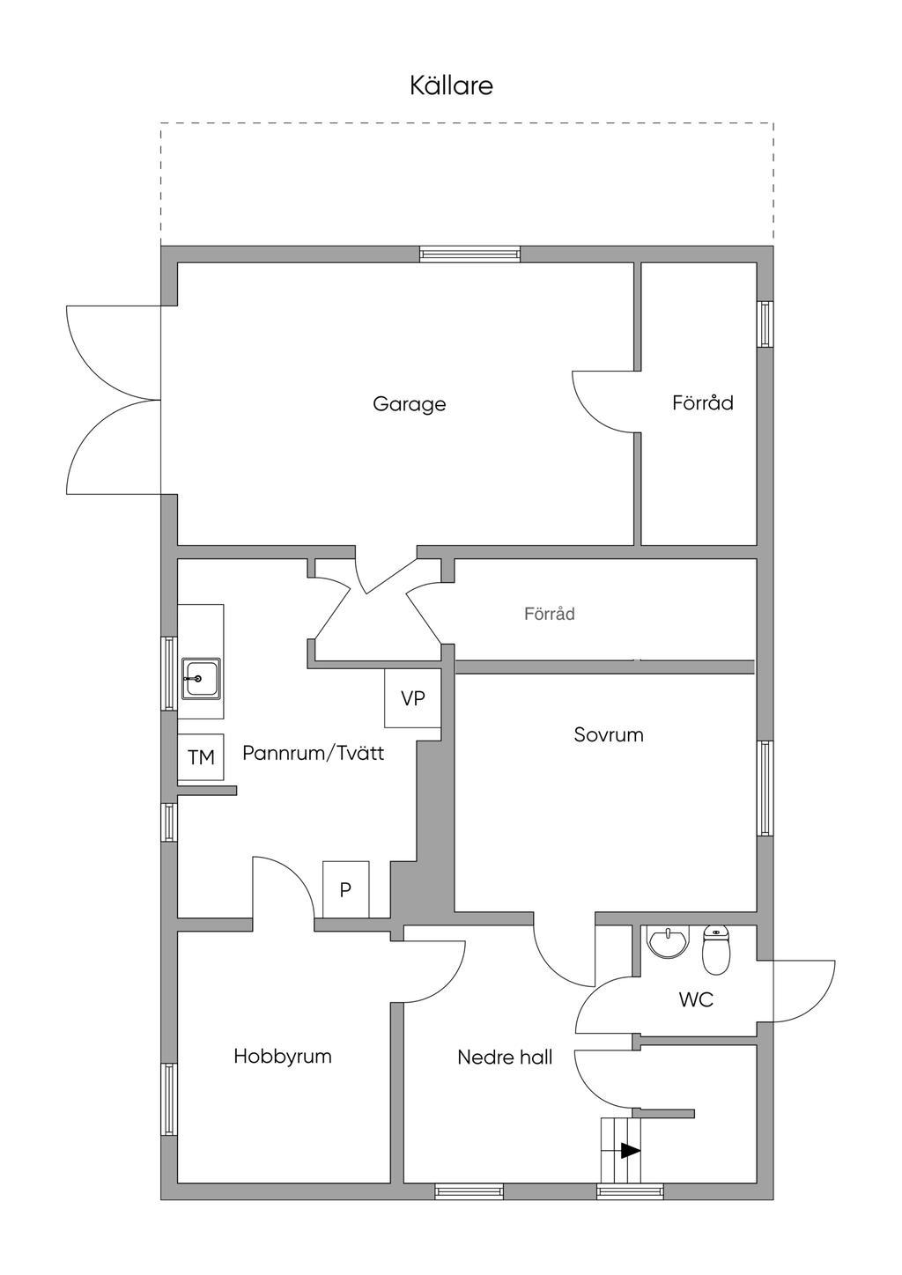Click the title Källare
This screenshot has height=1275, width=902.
451,86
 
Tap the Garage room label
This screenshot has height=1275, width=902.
409,405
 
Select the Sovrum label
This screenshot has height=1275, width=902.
609,735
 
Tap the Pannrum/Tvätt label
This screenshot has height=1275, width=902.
314,753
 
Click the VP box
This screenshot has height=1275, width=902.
413,698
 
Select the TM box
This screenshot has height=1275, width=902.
201,757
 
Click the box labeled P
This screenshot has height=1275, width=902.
345,889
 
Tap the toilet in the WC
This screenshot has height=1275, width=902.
716,949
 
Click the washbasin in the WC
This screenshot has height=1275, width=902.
668,941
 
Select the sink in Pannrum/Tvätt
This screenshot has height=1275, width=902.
201,679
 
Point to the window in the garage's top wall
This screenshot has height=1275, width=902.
469,254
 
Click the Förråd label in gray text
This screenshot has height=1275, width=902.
550,614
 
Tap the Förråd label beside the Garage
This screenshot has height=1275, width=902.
703,403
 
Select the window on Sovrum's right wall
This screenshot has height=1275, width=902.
765,788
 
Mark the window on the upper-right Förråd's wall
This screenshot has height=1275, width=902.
765,323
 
